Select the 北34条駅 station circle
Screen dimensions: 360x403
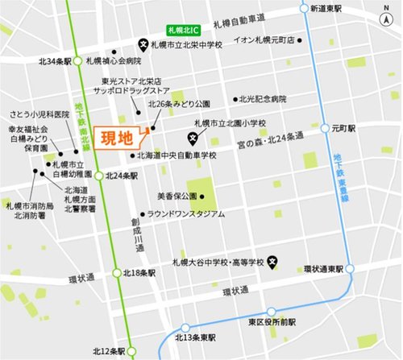[x=77, y=60]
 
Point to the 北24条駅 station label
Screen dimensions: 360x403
[x=121, y=176]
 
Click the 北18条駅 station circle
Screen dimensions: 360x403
[x=118, y=274]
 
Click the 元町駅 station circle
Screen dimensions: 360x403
[x=322, y=128]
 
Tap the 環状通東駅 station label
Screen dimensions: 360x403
[x=325, y=268]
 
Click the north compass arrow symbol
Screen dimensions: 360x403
[x=388, y=11]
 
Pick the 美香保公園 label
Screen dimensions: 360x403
[x=177, y=196]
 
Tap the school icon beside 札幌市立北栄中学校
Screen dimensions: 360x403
[x=143, y=44]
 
